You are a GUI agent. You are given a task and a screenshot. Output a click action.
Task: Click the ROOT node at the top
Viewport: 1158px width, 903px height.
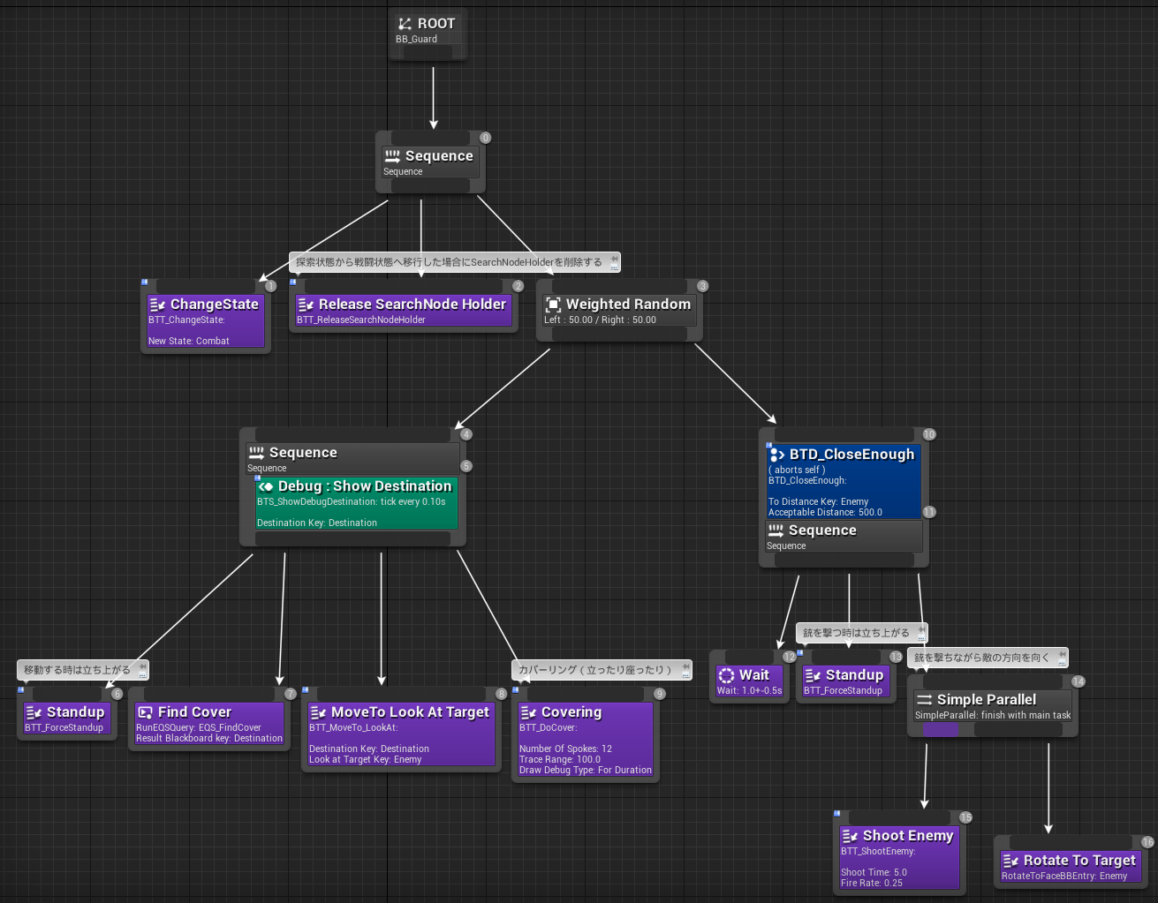click(428, 30)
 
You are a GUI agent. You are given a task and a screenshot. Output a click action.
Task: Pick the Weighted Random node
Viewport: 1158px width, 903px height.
click(618, 310)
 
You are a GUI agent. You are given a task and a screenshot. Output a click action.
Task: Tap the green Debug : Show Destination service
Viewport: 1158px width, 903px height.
click(356, 503)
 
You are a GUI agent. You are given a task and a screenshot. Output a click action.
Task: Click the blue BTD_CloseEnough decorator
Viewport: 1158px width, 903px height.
click(843, 481)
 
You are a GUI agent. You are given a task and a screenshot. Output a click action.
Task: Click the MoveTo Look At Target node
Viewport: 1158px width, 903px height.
click(401, 734)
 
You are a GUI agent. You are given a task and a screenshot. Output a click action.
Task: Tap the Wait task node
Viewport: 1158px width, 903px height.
click(749, 681)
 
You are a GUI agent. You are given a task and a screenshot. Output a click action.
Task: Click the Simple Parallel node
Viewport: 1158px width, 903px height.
click(992, 706)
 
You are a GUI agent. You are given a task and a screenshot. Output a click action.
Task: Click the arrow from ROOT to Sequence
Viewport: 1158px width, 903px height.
click(433, 97)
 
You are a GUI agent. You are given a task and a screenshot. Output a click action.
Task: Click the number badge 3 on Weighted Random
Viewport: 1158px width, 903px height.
click(702, 286)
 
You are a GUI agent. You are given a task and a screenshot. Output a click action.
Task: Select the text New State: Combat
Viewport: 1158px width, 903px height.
click(189, 341)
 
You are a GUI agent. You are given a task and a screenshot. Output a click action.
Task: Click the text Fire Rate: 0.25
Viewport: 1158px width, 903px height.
click(872, 883)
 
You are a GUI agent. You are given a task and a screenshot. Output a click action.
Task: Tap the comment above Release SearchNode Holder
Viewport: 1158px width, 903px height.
click(450, 262)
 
